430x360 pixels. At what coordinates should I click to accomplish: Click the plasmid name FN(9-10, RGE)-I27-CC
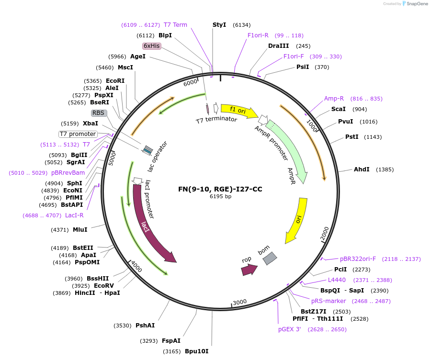pyautogui.click(x=220, y=189)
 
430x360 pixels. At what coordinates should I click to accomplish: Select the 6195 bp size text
pyautogui.click(x=220, y=196)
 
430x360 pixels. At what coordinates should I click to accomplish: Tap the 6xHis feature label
pyautogui.click(x=152, y=46)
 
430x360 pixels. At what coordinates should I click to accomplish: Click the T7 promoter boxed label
pyautogui.click(x=78, y=134)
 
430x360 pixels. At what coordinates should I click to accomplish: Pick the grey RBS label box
pyautogui.click(x=99, y=113)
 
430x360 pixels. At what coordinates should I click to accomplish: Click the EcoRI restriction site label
pyautogui.click(x=115, y=81)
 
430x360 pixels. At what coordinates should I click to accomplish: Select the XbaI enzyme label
pyautogui.click(x=91, y=124)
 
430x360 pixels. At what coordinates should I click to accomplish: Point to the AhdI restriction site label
pyautogui.click(x=361, y=169)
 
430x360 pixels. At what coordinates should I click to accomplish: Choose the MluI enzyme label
pyautogui.click(x=80, y=230)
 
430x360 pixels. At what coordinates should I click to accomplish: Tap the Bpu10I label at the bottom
pyautogui.click(x=196, y=351)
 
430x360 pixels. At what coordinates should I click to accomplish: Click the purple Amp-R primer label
pyautogui.click(x=334, y=99)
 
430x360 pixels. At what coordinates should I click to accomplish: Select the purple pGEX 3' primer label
pyautogui.click(x=289, y=329)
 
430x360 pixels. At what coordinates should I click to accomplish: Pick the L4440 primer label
pyautogui.click(x=337, y=280)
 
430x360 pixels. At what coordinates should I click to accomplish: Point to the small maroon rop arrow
pyautogui.click(x=249, y=270)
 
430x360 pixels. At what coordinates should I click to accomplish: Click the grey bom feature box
pyautogui.click(x=270, y=259)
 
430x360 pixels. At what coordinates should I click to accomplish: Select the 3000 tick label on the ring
pyautogui.click(x=239, y=302)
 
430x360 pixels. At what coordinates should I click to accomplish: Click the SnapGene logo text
pyautogui.click(x=416, y=4)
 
